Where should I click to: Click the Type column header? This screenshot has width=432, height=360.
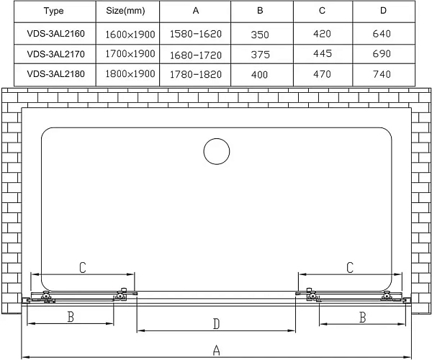click(x=53, y=11)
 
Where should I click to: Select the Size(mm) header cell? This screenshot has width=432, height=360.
click(x=125, y=11)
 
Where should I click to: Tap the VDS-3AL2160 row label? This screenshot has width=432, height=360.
click(x=55, y=34)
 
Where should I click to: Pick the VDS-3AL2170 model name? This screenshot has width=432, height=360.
click(x=55, y=54)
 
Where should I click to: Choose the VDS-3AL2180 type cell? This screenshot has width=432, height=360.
click(x=55, y=74)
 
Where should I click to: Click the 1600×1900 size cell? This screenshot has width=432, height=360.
click(x=130, y=35)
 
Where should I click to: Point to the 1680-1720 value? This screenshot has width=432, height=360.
click(x=196, y=55)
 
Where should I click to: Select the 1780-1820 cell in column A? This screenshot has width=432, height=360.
click(x=196, y=74)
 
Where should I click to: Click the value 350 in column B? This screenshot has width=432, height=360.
click(x=259, y=35)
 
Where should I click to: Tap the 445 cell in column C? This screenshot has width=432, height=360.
click(x=322, y=53)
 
